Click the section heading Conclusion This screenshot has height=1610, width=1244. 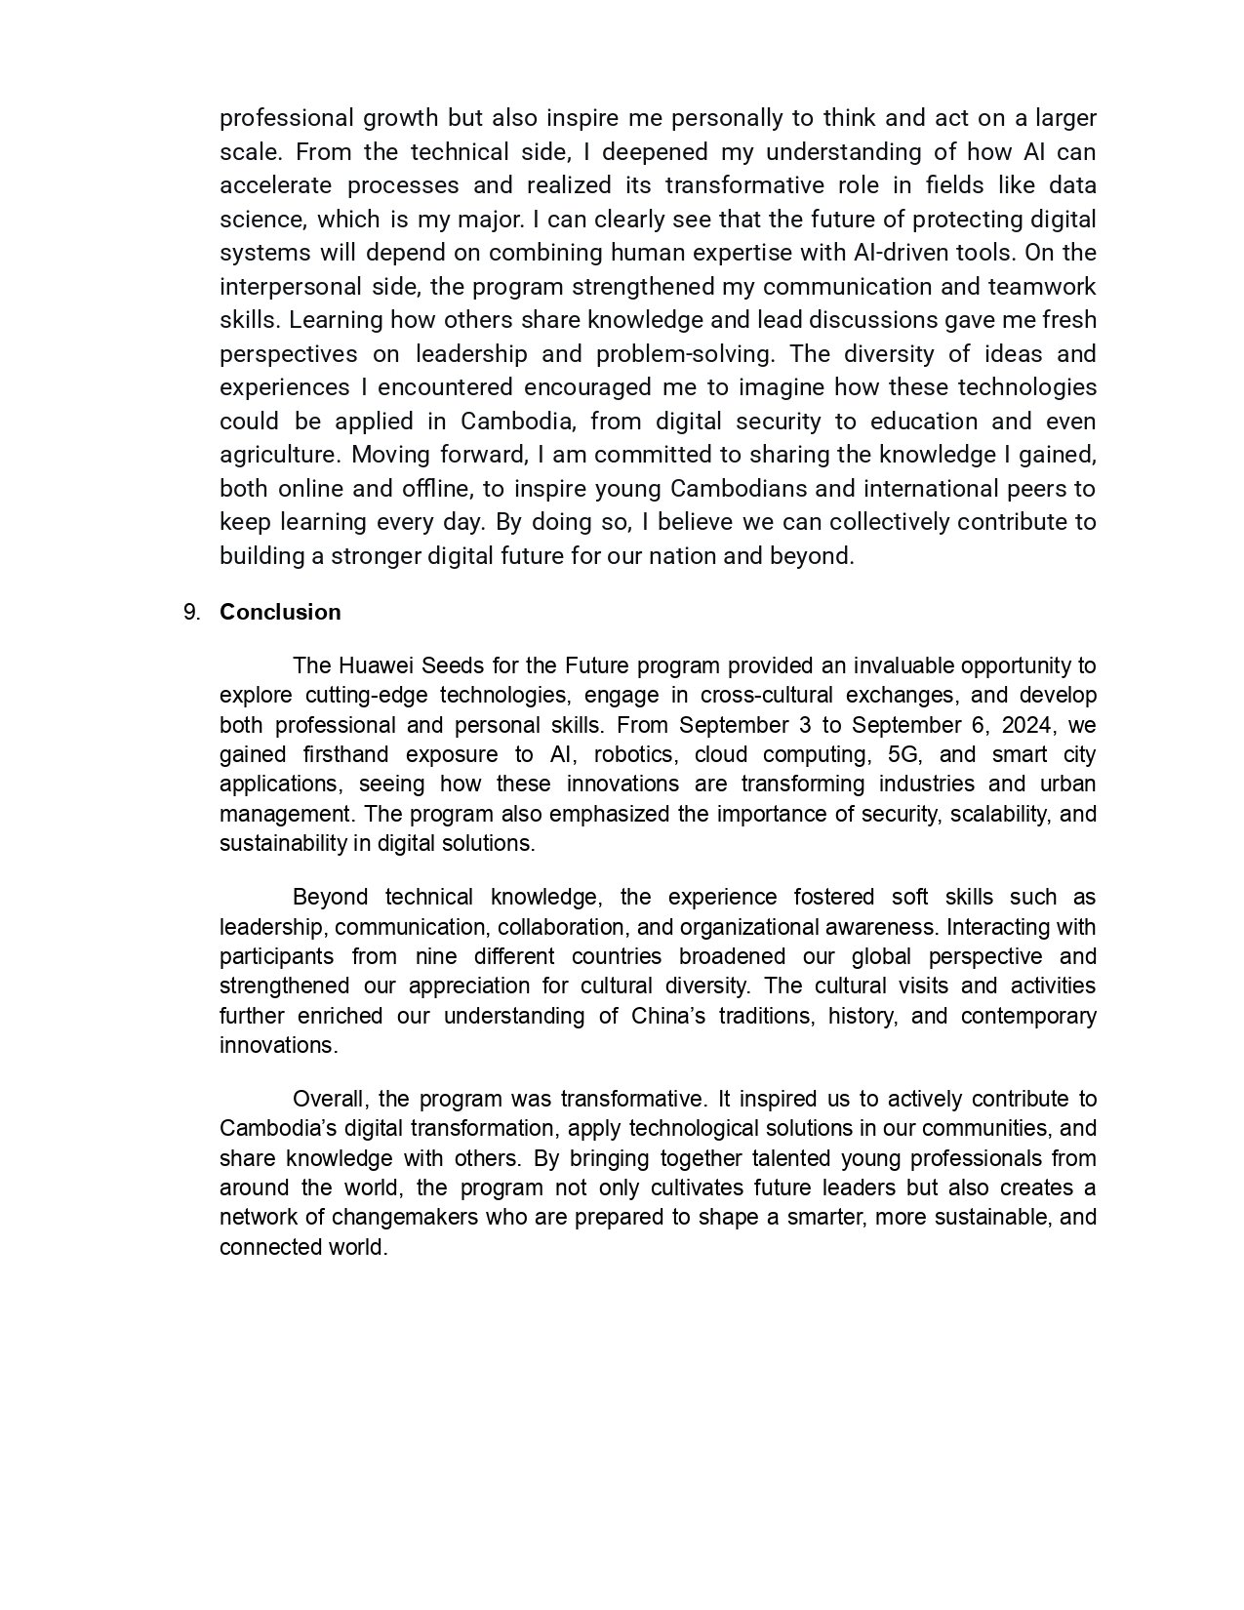click(280, 612)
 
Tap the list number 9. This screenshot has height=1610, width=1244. click(191, 612)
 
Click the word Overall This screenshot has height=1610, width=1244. click(329, 1099)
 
